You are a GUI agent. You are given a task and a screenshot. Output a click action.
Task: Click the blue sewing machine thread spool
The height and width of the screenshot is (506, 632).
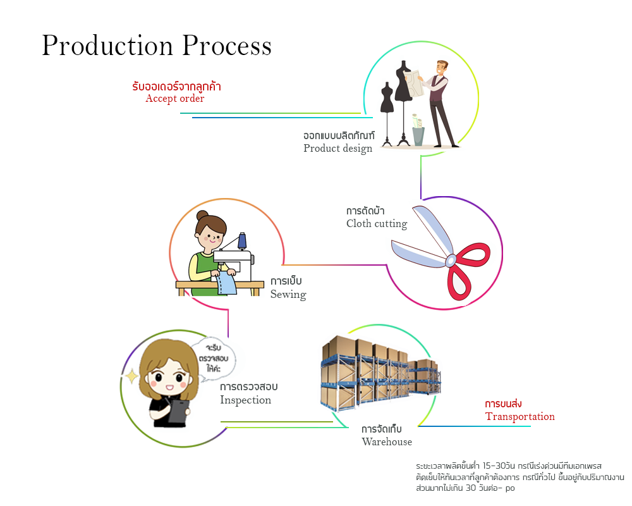pos(242,240)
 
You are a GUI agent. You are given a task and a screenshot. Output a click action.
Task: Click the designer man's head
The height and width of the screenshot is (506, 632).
pos(441,68)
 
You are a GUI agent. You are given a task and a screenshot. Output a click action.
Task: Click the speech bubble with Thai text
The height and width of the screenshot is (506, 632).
pos(214,360)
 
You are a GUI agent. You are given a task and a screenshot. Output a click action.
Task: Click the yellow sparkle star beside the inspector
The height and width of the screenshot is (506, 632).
pos(131,378)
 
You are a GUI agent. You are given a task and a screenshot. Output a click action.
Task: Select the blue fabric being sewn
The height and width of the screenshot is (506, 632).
pos(226,284)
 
